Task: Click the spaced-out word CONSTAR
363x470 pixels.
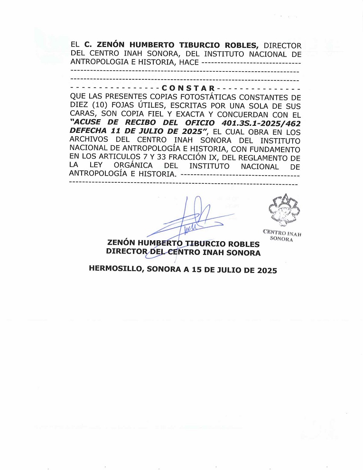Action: [188, 88]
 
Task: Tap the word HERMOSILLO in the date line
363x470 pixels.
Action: [115, 269]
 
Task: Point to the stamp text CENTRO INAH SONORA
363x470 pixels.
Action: [282, 235]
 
